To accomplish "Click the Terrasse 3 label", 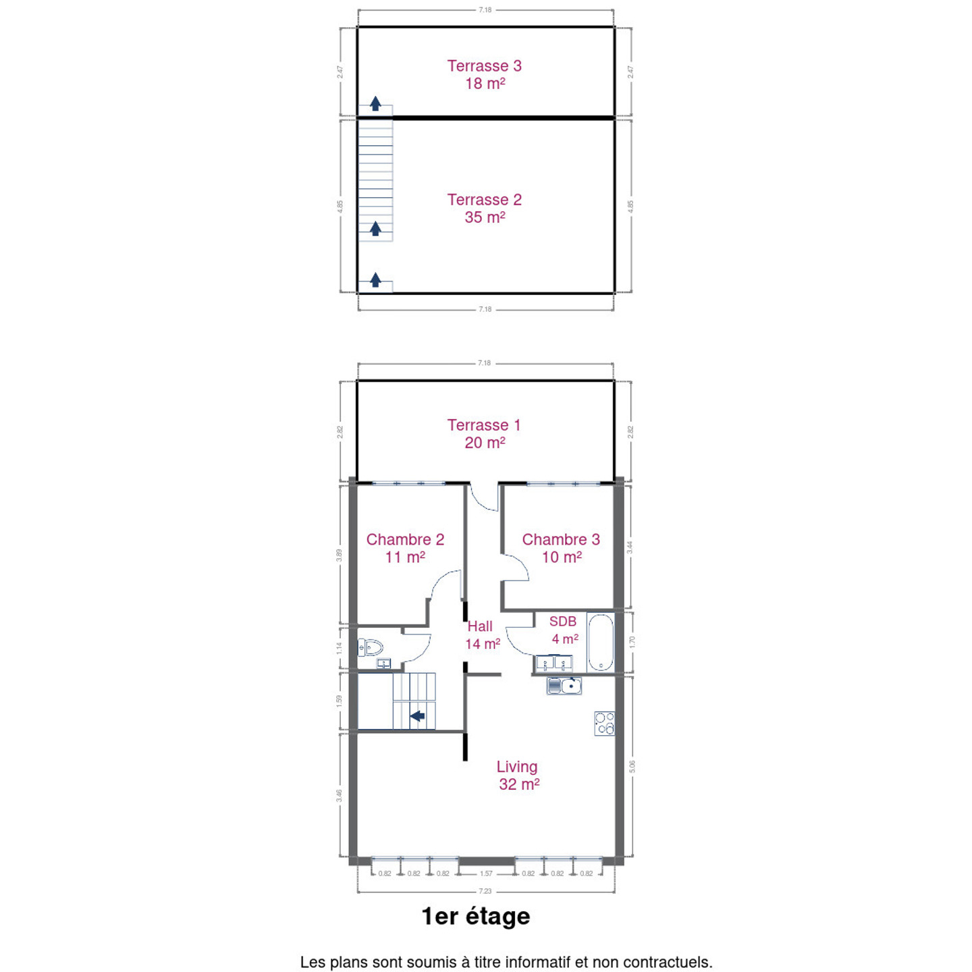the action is [x=484, y=74].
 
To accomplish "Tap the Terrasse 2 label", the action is [x=484, y=208].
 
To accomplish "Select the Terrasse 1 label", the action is [x=484, y=433].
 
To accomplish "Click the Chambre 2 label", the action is [x=405, y=548].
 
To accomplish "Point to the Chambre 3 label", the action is [x=561, y=548].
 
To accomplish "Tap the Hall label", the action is [x=482, y=634].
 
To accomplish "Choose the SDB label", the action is [x=564, y=630].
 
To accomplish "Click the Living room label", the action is [x=518, y=775].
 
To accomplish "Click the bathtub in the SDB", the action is [x=600, y=642].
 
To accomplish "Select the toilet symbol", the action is [x=370, y=647].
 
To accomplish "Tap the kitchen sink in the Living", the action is [x=564, y=686].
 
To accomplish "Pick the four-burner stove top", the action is [x=603, y=724].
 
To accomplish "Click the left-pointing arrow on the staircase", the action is [x=417, y=715].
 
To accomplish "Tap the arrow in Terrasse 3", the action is [x=375, y=103].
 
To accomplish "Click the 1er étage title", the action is [x=476, y=917].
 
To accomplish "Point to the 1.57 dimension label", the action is [x=486, y=873].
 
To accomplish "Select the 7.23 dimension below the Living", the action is [x=485, y=891].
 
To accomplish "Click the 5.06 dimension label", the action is [x=632, y=767].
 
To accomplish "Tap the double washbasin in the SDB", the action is [x=554, y=663].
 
